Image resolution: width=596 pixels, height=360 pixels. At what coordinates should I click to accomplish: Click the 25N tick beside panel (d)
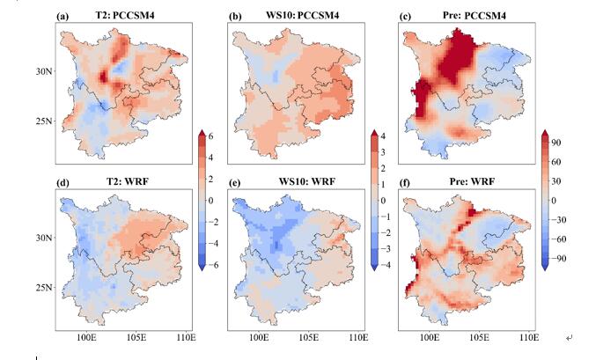(x=43, y=288)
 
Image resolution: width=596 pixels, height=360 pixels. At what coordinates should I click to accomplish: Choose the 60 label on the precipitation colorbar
(x=558, y=161)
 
